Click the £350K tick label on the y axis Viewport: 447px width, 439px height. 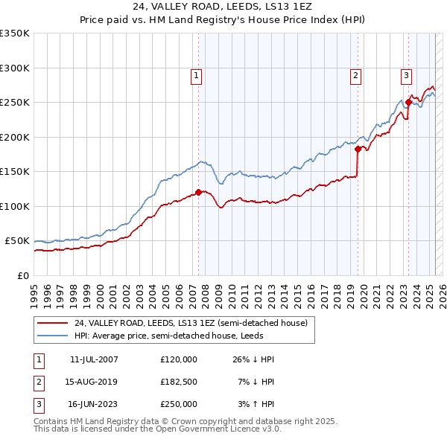14,33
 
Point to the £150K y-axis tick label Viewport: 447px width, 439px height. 14,172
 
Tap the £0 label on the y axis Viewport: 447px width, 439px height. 23,275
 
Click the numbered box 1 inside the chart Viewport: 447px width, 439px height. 196,74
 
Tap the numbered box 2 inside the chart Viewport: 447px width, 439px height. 356,74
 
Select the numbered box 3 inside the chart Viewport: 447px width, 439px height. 406,74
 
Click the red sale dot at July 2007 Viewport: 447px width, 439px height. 198,192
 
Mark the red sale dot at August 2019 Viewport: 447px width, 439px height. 358,149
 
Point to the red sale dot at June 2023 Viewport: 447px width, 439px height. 408,103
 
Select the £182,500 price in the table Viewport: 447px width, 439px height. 179,382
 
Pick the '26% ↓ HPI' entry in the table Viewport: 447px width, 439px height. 254,359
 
